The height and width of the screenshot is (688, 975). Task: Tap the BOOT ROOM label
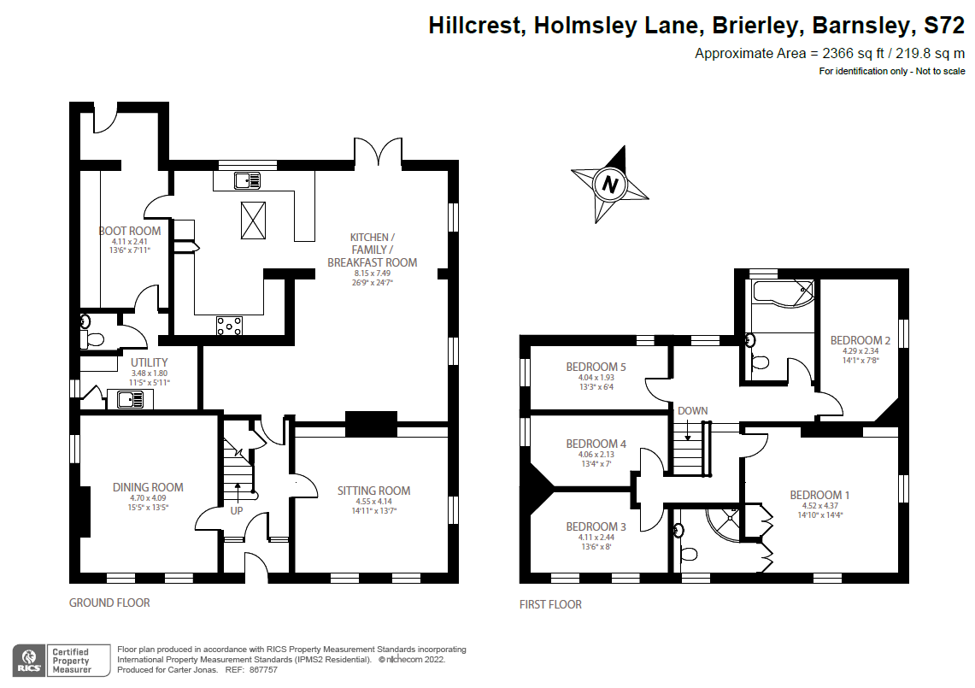(130, 231)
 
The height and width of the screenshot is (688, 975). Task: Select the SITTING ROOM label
(373, 491)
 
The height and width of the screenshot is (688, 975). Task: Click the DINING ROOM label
(148, 487)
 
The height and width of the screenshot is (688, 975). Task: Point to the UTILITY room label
(150, 362)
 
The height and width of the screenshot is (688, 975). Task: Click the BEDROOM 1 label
(819, 495)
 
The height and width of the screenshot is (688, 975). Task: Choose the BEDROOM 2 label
(860, 340)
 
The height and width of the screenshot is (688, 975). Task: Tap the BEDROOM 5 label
(596, 367)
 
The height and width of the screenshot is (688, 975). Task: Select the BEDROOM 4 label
(596, 444)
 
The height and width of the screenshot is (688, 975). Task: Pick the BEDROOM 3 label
(596, 526)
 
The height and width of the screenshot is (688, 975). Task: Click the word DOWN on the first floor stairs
(692, 410)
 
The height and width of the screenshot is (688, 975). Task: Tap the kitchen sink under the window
(247, 180)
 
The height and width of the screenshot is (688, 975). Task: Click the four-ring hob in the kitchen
(229, 325)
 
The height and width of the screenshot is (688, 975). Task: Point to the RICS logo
(29, 660)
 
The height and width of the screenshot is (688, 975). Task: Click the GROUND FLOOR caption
(109, 603)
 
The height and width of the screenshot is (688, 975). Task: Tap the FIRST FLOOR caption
(550, 604)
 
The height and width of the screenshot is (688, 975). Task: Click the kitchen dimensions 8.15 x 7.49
(372, 275)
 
